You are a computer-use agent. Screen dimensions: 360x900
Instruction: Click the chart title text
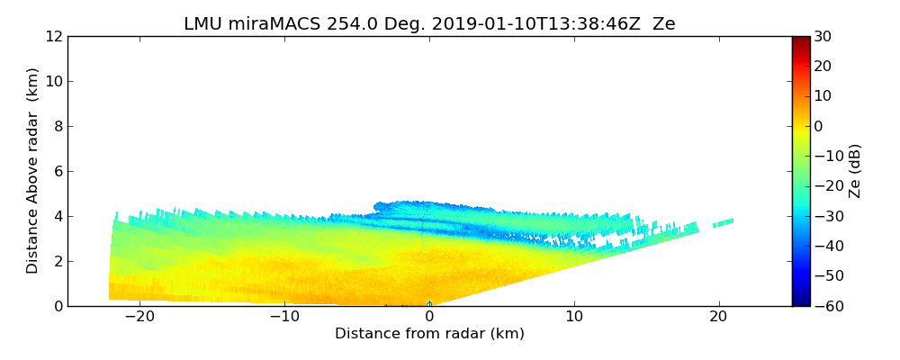pos(429,24)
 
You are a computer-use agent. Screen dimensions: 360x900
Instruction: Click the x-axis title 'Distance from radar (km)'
pos(429,334)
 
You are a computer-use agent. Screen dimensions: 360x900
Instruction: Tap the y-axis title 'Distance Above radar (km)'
pos(33,171)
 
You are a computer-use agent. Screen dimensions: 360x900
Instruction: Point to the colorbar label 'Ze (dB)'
pos(855,171)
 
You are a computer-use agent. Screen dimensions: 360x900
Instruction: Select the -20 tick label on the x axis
pos(139,317)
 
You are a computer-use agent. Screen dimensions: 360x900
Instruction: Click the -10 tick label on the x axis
pos(284,317)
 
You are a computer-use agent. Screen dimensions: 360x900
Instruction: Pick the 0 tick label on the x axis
pos(429,317)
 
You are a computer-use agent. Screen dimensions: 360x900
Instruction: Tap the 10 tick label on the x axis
pos(574,317)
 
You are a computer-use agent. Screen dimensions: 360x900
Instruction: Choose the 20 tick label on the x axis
pos(718,317)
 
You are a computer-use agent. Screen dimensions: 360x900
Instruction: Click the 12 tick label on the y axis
pos(53,36)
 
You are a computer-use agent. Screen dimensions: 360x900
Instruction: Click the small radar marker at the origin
pos(429,304)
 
